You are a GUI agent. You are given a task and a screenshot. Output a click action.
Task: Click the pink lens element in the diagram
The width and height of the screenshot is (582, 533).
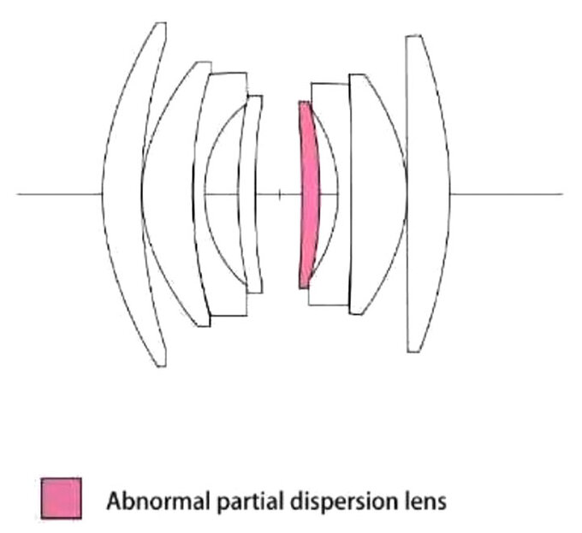point(309,194)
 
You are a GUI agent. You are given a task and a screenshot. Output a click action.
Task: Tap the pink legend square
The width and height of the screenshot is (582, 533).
point(62,498)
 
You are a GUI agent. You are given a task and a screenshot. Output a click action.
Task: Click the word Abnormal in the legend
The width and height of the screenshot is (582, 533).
point(158,500)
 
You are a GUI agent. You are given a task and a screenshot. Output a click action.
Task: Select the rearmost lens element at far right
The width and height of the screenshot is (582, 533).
point(429,193)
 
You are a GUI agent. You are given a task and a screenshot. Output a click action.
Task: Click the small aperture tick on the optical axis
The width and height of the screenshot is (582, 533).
point(280,194)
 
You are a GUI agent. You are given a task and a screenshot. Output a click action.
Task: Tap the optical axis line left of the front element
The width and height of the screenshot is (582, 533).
point(59,194)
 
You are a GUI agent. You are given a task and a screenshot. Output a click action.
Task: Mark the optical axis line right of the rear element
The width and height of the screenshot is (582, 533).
point(507,194)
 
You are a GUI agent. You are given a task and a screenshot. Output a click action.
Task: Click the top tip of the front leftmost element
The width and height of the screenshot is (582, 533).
point(161,23)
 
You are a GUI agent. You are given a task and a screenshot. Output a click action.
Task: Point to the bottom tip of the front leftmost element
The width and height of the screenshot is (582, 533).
point(161,366)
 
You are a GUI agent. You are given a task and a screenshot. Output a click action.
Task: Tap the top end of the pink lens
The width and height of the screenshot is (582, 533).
point(305,102)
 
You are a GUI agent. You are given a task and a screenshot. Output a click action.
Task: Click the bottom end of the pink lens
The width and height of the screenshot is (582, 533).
point(304,287)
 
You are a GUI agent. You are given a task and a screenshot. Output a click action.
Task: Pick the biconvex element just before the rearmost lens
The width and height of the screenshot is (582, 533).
point(378,194)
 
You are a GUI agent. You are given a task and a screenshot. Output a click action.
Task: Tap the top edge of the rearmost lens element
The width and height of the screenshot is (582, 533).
point(413,36)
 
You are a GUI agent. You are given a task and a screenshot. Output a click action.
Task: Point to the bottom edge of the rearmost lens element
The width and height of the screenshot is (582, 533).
point(414,351)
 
